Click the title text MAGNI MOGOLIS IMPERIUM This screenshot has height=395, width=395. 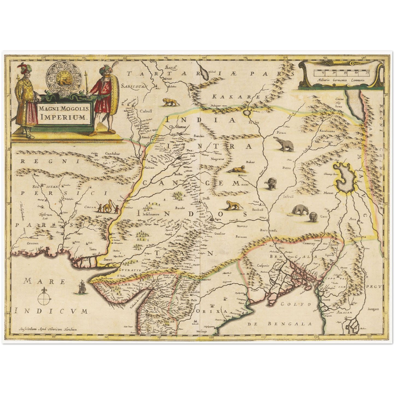pos(64,113)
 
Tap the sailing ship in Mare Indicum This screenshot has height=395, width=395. pos(82,287)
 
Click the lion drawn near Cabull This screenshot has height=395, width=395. pos(171,102)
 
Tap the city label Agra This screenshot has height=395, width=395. pos(218,219)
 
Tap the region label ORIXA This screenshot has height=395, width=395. pos(211,312)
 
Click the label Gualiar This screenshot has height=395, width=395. pos(220,233)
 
